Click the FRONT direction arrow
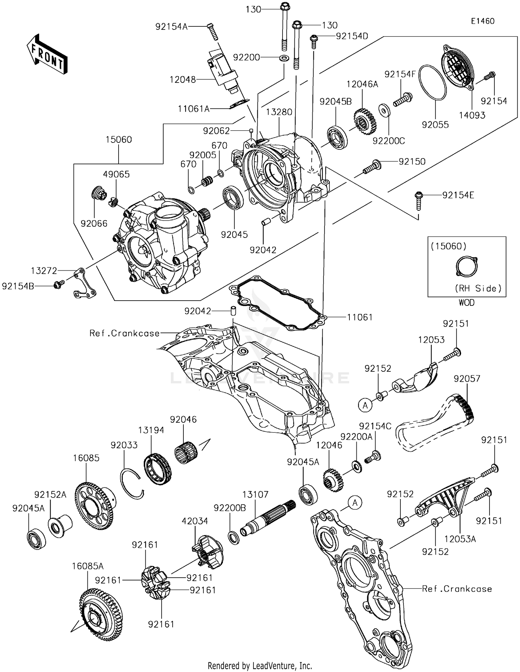[47, 54]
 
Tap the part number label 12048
[182, 80]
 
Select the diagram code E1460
[483, 21]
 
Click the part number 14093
[472, 115]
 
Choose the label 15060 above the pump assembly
[119, 140]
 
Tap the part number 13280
[279, 112]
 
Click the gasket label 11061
[359, 317]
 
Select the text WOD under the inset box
[467, 303]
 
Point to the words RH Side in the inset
[478, 288]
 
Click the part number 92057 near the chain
[467, 379]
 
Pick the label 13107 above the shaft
[255, 494]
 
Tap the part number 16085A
[88, 566]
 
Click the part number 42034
[195, 521]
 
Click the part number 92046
[183, 420]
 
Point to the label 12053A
[460, 539]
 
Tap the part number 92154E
[458, 195]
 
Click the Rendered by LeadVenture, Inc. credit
[260, 666]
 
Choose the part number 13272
[44, 271]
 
